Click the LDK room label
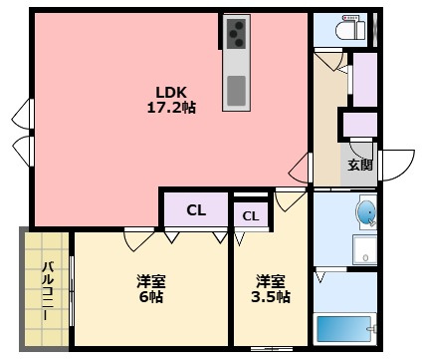tap(171, 92)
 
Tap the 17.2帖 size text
tap(171, 108)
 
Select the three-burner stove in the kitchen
tap(236, 34)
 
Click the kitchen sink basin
tap(236, 91)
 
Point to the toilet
tap(350, 29)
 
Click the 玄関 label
tap(360, 165)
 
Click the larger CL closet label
tap(196, 210)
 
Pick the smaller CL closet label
tap(251, 216)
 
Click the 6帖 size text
tap(151, 296)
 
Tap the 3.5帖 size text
tap(271, 297)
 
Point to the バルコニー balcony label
tap(49, 291)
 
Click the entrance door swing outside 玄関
tap(397, 166)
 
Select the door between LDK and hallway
tap(301, 168)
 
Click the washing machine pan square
tap(364, 249)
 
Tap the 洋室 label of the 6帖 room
tap(151, 281)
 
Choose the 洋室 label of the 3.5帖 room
tap(271, 281)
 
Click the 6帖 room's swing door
tap(138, 239)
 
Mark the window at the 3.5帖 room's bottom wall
tap(272, 349)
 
